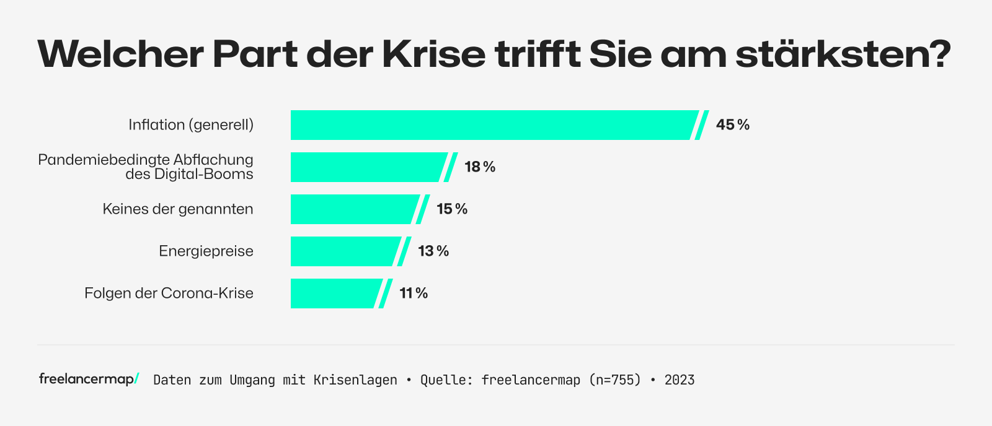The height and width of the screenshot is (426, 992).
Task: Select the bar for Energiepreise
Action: [x=344, y=251]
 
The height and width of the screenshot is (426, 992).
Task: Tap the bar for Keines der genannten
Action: [x=353, y=209]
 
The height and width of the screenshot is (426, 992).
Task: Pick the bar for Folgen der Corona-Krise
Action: [x=335, y=293]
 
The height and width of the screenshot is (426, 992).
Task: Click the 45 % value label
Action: [x=733, y=125]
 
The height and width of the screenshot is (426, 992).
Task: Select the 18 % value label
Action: [x=480, y=167]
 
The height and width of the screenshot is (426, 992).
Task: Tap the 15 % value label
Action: [x=452, y=209]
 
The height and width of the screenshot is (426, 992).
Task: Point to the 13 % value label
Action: [x=433, y=251]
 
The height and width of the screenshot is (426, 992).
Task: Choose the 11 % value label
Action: [x=414, y=293]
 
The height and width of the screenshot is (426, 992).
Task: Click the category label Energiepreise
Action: [x=206, y=251]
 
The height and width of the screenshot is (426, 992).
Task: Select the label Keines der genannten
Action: [x=178, y=209]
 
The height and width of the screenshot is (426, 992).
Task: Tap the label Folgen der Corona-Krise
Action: [x=169, y=293]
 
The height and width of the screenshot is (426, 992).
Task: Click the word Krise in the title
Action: [x=433, y=54]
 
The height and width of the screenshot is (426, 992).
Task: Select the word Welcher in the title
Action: [x=120, y=54]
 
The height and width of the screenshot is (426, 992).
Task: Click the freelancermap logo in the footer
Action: [x=89, y=379]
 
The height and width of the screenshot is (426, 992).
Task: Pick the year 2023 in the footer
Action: [x=680, y=380]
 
